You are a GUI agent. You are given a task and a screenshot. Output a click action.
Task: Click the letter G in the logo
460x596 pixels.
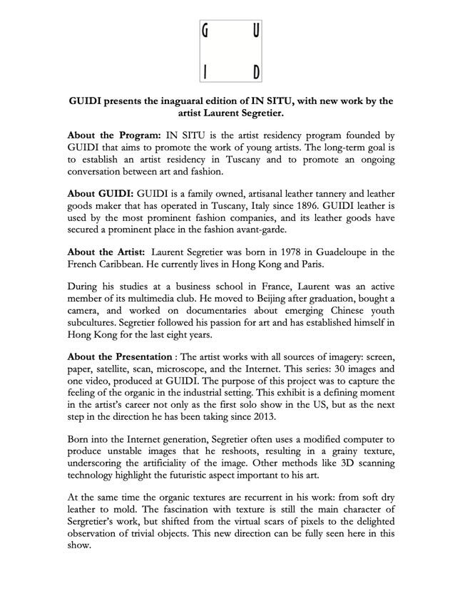click(206, 31)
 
